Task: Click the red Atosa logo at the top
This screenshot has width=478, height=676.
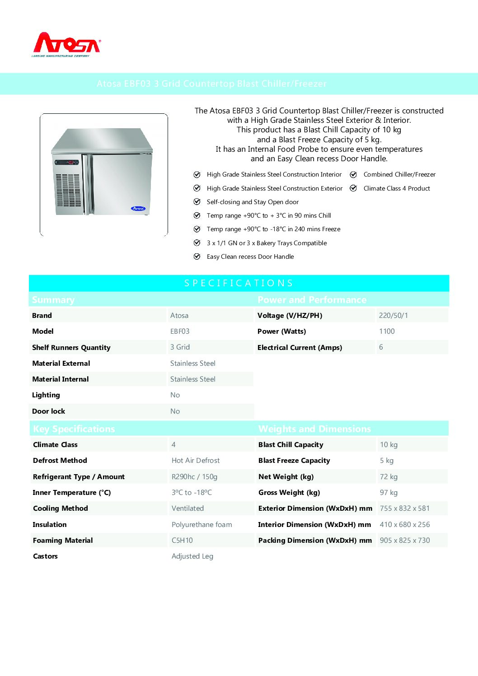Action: pyautogui.click(x=67, y=44)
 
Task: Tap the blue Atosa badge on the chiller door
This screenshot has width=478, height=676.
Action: pyautogui.click(x=138, y=209)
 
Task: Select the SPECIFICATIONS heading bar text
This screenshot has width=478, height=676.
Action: pyautogui.click(x=239, y=283)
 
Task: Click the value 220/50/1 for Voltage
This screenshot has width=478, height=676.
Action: pyautogui.click(x=393, y=316)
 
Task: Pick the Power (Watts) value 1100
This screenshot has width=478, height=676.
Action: pyautogui.click(x=387, y=331)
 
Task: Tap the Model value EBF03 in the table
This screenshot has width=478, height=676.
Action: pyautogui.click(x=180, y=331)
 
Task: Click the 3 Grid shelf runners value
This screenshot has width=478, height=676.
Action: pyautogui.click(x=180, y=347)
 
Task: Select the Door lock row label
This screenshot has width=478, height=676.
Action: pyautogui.click(x=48, y=411)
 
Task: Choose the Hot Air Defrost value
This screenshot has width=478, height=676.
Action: pyautogui.click(x=196, y=461)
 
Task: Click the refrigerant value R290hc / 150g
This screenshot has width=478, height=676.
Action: pyautogui.click(x=194, y=477)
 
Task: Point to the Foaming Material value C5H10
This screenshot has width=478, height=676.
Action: pyautogui.click(x=182, y=541)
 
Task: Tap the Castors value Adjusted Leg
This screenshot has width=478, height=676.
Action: pyautogui.click(x=192, y=556)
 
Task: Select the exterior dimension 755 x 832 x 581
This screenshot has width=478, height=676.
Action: pyautogui.click(x=405, y=508)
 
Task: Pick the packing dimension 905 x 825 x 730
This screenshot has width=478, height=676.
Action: pyautogui.click(x=405, y=541)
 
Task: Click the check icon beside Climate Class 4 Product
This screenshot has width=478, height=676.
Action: pyautogui.click(x=354, y=188)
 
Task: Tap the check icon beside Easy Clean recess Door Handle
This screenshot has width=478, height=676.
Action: pyautogui.click(x=197, y=256)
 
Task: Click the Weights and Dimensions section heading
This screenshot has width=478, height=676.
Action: pyautogui.click(x=314, y=429)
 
